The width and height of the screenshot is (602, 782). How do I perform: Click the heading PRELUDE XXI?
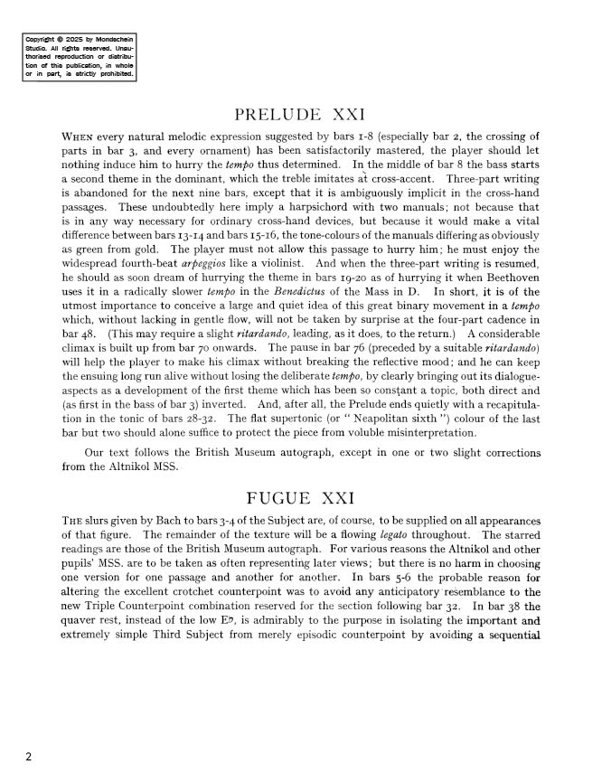click(299, 116)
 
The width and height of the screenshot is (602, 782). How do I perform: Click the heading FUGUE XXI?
click(299, 498)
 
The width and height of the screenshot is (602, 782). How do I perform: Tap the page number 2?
click(29, 758)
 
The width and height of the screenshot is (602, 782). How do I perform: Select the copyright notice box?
click(80, 58)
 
